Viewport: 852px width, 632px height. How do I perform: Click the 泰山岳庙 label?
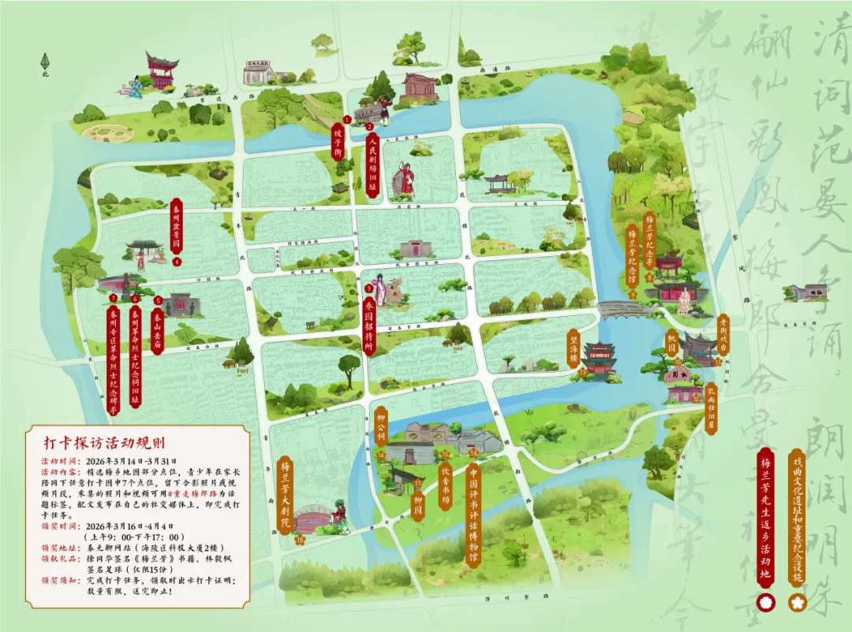click(x=158, y=330)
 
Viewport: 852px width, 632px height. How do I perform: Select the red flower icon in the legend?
click(x=765, y=603)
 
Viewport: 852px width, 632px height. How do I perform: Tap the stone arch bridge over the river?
click(x=622, y=308)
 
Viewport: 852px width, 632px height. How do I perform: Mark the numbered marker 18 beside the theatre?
click(x=300, y=541)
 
